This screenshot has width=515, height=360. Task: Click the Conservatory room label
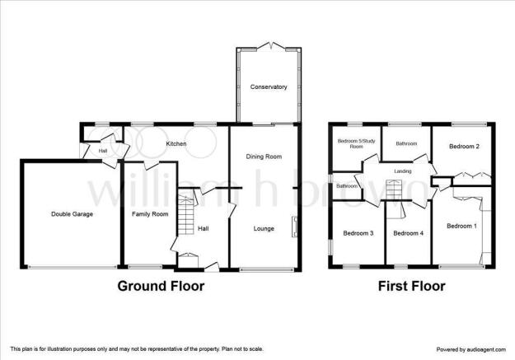(x=269, y=87)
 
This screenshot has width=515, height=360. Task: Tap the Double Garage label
(x=72, y=214)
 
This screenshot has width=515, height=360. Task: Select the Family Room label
(x=150, y=214)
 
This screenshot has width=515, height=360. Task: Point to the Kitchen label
(x=176, y=144)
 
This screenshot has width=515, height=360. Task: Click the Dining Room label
(x=264, y=157)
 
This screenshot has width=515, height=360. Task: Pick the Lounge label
(x=264, y=229)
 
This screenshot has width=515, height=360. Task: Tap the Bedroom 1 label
(x=461, y=226)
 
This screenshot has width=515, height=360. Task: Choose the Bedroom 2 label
(x=464, y=146)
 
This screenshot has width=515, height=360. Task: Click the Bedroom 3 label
(x=358, y=233)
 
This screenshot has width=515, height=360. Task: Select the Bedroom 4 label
(x=408, y=233)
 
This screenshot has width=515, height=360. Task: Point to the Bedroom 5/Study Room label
(x=356, y=144)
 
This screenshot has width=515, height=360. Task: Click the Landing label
(x=403, y=171)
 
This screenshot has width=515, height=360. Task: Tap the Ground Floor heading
(x=161, y=286)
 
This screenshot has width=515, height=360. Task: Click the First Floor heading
(x=412, y=286)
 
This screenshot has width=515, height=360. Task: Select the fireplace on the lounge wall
(x=294, y=227)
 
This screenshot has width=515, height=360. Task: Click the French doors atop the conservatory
(x=270, y=46)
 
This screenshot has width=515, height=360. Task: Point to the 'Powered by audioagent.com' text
(x=471, y=349)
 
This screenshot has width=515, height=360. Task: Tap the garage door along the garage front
(x=72, y=267)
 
